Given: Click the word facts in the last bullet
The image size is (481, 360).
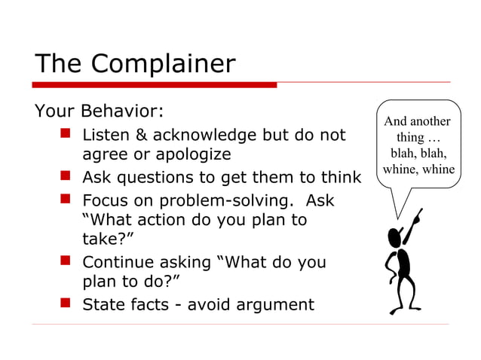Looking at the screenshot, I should pos(155,304).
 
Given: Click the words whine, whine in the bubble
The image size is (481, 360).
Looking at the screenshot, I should pos(418,169).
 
